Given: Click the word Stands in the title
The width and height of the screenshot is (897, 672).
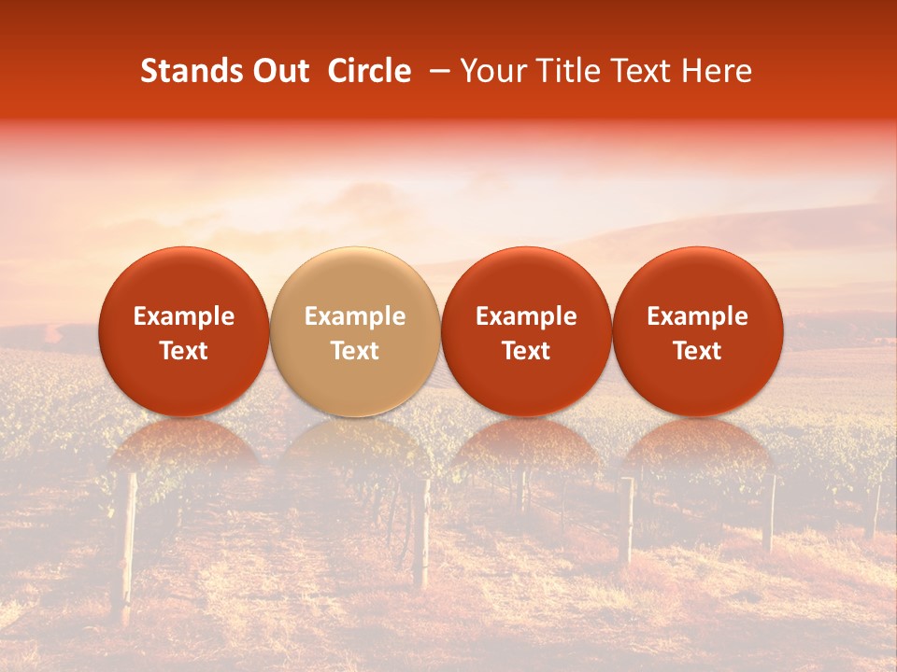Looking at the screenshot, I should click(x=190, y=71).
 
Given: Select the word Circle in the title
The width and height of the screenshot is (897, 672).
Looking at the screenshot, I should click(x=368, y=71).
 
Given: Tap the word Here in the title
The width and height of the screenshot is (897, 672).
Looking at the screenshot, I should click(x=716, y=71).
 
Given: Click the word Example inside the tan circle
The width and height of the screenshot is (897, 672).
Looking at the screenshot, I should click(x=355, y=316).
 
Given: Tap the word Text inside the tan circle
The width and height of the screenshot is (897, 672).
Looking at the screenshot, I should click(x=355, y=351).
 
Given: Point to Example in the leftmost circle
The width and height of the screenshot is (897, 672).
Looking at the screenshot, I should click(x=184, y=316).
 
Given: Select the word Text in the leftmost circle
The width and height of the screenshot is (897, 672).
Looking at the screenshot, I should click(x=184, y=351).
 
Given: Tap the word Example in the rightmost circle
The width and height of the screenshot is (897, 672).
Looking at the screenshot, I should click(x=698, y=316).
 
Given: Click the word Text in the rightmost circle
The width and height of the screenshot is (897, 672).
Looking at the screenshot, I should click(x=698, y=351).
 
